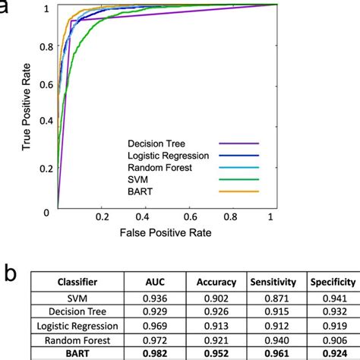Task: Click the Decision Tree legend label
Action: (x=157, y=142)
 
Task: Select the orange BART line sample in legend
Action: (x=239, y=193)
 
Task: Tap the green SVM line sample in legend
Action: (x=239, y=180)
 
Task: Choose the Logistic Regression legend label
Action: (x=167, y=155)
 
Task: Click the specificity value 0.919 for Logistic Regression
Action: (x=332, y=326)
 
